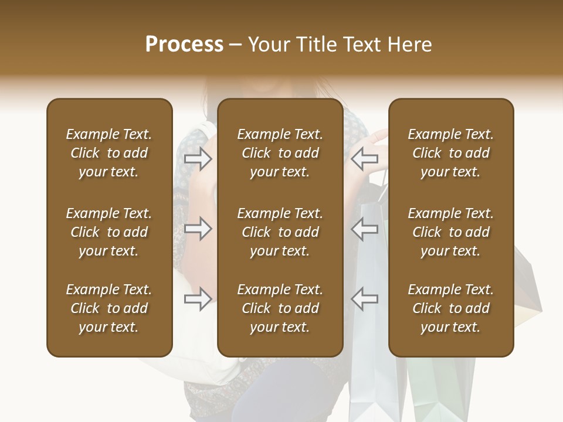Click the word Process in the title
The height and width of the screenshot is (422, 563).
click(x=184, y=45)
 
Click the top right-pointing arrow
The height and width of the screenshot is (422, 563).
click(x=198, y=158)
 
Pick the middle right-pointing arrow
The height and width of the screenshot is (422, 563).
click(x=198, y=229)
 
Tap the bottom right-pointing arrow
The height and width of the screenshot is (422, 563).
click(x=198, y=299)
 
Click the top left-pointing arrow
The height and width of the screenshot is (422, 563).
click(x=365, y=158)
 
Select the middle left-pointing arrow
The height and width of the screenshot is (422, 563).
click(x=365, y=229)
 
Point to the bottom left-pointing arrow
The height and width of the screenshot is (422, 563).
click(x=365, y=299)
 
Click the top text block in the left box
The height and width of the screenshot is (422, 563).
click(x=109, y=153)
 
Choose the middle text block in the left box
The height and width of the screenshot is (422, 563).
click(x=109, y=232)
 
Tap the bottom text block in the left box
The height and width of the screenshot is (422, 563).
click(x=109, y=308)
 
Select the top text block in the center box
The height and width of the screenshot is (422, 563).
click(x=280, y=153)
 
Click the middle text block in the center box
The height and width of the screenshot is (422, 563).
click(x=280, y=232)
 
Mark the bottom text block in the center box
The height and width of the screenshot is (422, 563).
click(x=280, y=308)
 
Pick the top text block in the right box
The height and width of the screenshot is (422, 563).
click(x=450, y=153)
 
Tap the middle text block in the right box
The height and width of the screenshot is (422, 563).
click(x=450, y=232)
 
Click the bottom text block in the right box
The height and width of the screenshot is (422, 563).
click(x=450, y=308)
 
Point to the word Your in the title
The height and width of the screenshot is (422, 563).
click(x=267, y=45)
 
